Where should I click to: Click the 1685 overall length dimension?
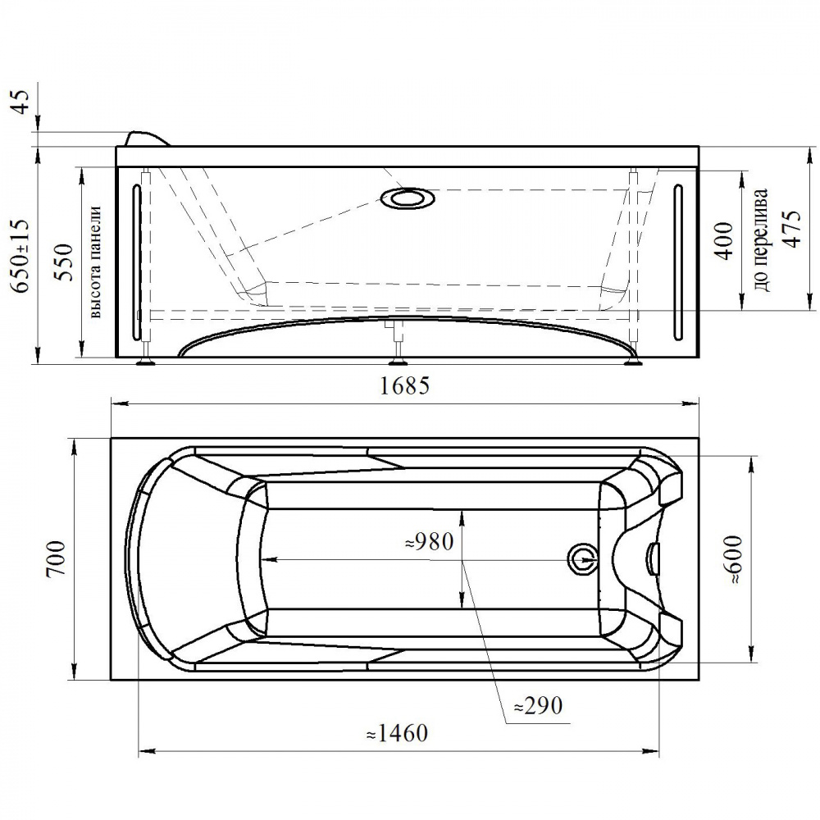[404, 386]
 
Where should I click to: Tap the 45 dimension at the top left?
[22, 102]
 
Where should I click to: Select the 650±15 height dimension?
[22, 256]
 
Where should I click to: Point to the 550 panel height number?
[66, 262]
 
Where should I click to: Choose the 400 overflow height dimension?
[725, 241]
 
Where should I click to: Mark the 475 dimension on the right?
[790, 229]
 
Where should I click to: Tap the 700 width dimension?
[57, 558]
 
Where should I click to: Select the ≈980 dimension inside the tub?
[429, 542]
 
